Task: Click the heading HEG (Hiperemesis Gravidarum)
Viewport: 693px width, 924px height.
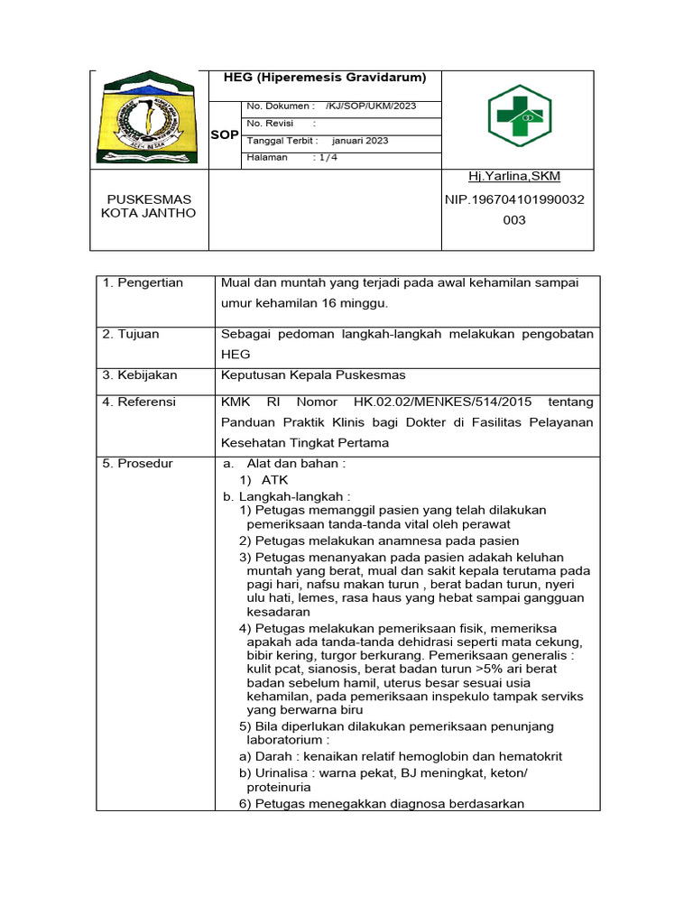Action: tap(325, 78)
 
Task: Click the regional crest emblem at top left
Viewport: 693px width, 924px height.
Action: tap(149, 118)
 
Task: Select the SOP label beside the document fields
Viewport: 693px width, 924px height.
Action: tap(225, 134)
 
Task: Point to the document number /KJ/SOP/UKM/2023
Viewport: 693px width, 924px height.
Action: tap(371, 106)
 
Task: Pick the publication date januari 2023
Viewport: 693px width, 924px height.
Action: tap(360, 141)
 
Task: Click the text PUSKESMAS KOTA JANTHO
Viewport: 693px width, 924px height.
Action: tap(149, 206)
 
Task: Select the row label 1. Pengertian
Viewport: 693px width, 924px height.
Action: tap(143, 283)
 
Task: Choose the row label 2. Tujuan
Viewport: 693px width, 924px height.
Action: tap(131, 334)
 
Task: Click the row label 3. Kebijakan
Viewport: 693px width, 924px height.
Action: tap(140, 374)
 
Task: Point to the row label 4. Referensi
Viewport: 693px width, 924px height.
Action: tap(140, 402)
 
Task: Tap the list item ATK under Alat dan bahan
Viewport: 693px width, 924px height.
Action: tap(274, 480)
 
